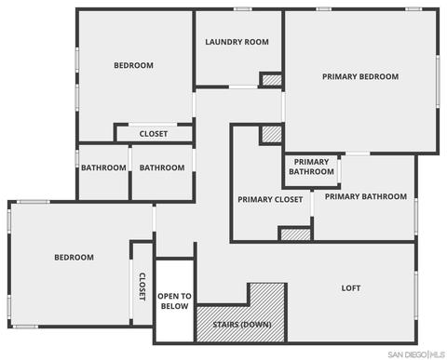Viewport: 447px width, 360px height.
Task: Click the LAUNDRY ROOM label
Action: tap(237, 42)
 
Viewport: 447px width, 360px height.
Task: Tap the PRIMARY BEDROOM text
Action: tap(360, 76)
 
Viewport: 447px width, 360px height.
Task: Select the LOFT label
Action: tap(351, 288)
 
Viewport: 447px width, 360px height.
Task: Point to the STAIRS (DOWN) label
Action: tap(242, 325)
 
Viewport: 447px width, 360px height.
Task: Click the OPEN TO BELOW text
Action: tap(174, 301)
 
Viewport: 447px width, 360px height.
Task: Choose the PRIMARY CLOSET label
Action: tap(270, 199)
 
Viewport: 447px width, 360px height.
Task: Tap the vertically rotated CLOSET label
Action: tap(142, 287)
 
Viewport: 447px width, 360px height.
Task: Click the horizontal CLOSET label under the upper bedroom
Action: tap(154, 134)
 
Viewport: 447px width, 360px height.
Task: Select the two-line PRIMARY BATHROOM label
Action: tap(311, 167)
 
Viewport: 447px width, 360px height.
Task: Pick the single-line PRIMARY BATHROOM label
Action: tap(366, 196)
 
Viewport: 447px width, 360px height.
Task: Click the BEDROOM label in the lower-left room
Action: tap(74, 258)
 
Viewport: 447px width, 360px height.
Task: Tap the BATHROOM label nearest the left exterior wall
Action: tap(103, 167)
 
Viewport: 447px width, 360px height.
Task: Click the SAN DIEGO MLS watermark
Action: tap(416, 354)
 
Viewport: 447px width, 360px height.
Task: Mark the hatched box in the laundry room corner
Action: tap(272, 80)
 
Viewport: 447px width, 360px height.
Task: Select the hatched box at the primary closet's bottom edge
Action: tap(295, 234)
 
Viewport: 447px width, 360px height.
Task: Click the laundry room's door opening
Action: tap(243, 87)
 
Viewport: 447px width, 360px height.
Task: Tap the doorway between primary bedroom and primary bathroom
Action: tap(358, 153)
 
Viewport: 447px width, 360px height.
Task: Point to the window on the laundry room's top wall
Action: tap(243, 9)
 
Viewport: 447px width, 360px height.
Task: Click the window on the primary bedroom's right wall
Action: tap(438, 82)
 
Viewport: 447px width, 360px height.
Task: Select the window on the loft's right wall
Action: tap(416, 295)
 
